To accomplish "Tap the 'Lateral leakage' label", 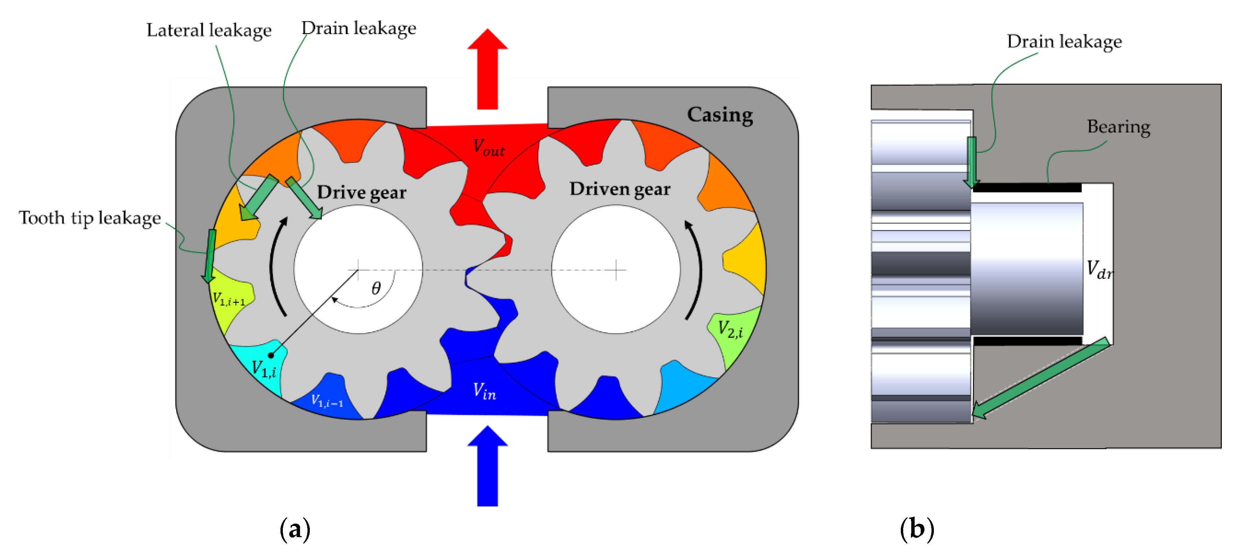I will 209,31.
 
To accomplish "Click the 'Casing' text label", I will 720,115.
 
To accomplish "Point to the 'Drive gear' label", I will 361,193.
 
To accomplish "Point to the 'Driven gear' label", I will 620,189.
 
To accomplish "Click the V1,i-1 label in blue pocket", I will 327,401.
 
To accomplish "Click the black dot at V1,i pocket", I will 271,355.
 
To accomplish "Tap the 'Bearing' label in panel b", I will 1118,127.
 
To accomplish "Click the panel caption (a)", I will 295,529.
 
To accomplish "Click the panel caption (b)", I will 917,529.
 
